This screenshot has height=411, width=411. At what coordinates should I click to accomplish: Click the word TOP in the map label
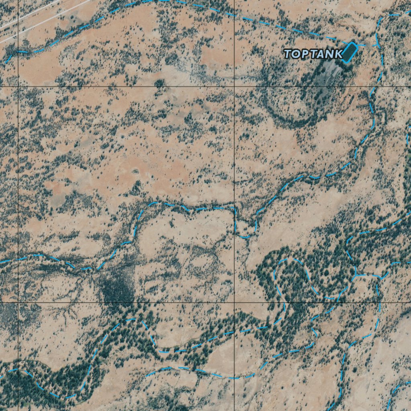click(297, 54)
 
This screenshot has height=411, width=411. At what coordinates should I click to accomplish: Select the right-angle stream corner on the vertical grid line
click(234, 208)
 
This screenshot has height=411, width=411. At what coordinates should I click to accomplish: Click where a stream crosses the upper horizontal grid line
click(371, 86)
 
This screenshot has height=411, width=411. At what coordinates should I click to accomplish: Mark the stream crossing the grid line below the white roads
click(18, 52)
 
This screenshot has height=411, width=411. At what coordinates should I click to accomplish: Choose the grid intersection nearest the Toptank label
click(234, 86)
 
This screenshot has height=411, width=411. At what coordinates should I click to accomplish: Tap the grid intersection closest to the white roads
click(18, 86)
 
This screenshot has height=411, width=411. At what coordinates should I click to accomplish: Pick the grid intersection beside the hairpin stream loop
click(234, 302)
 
